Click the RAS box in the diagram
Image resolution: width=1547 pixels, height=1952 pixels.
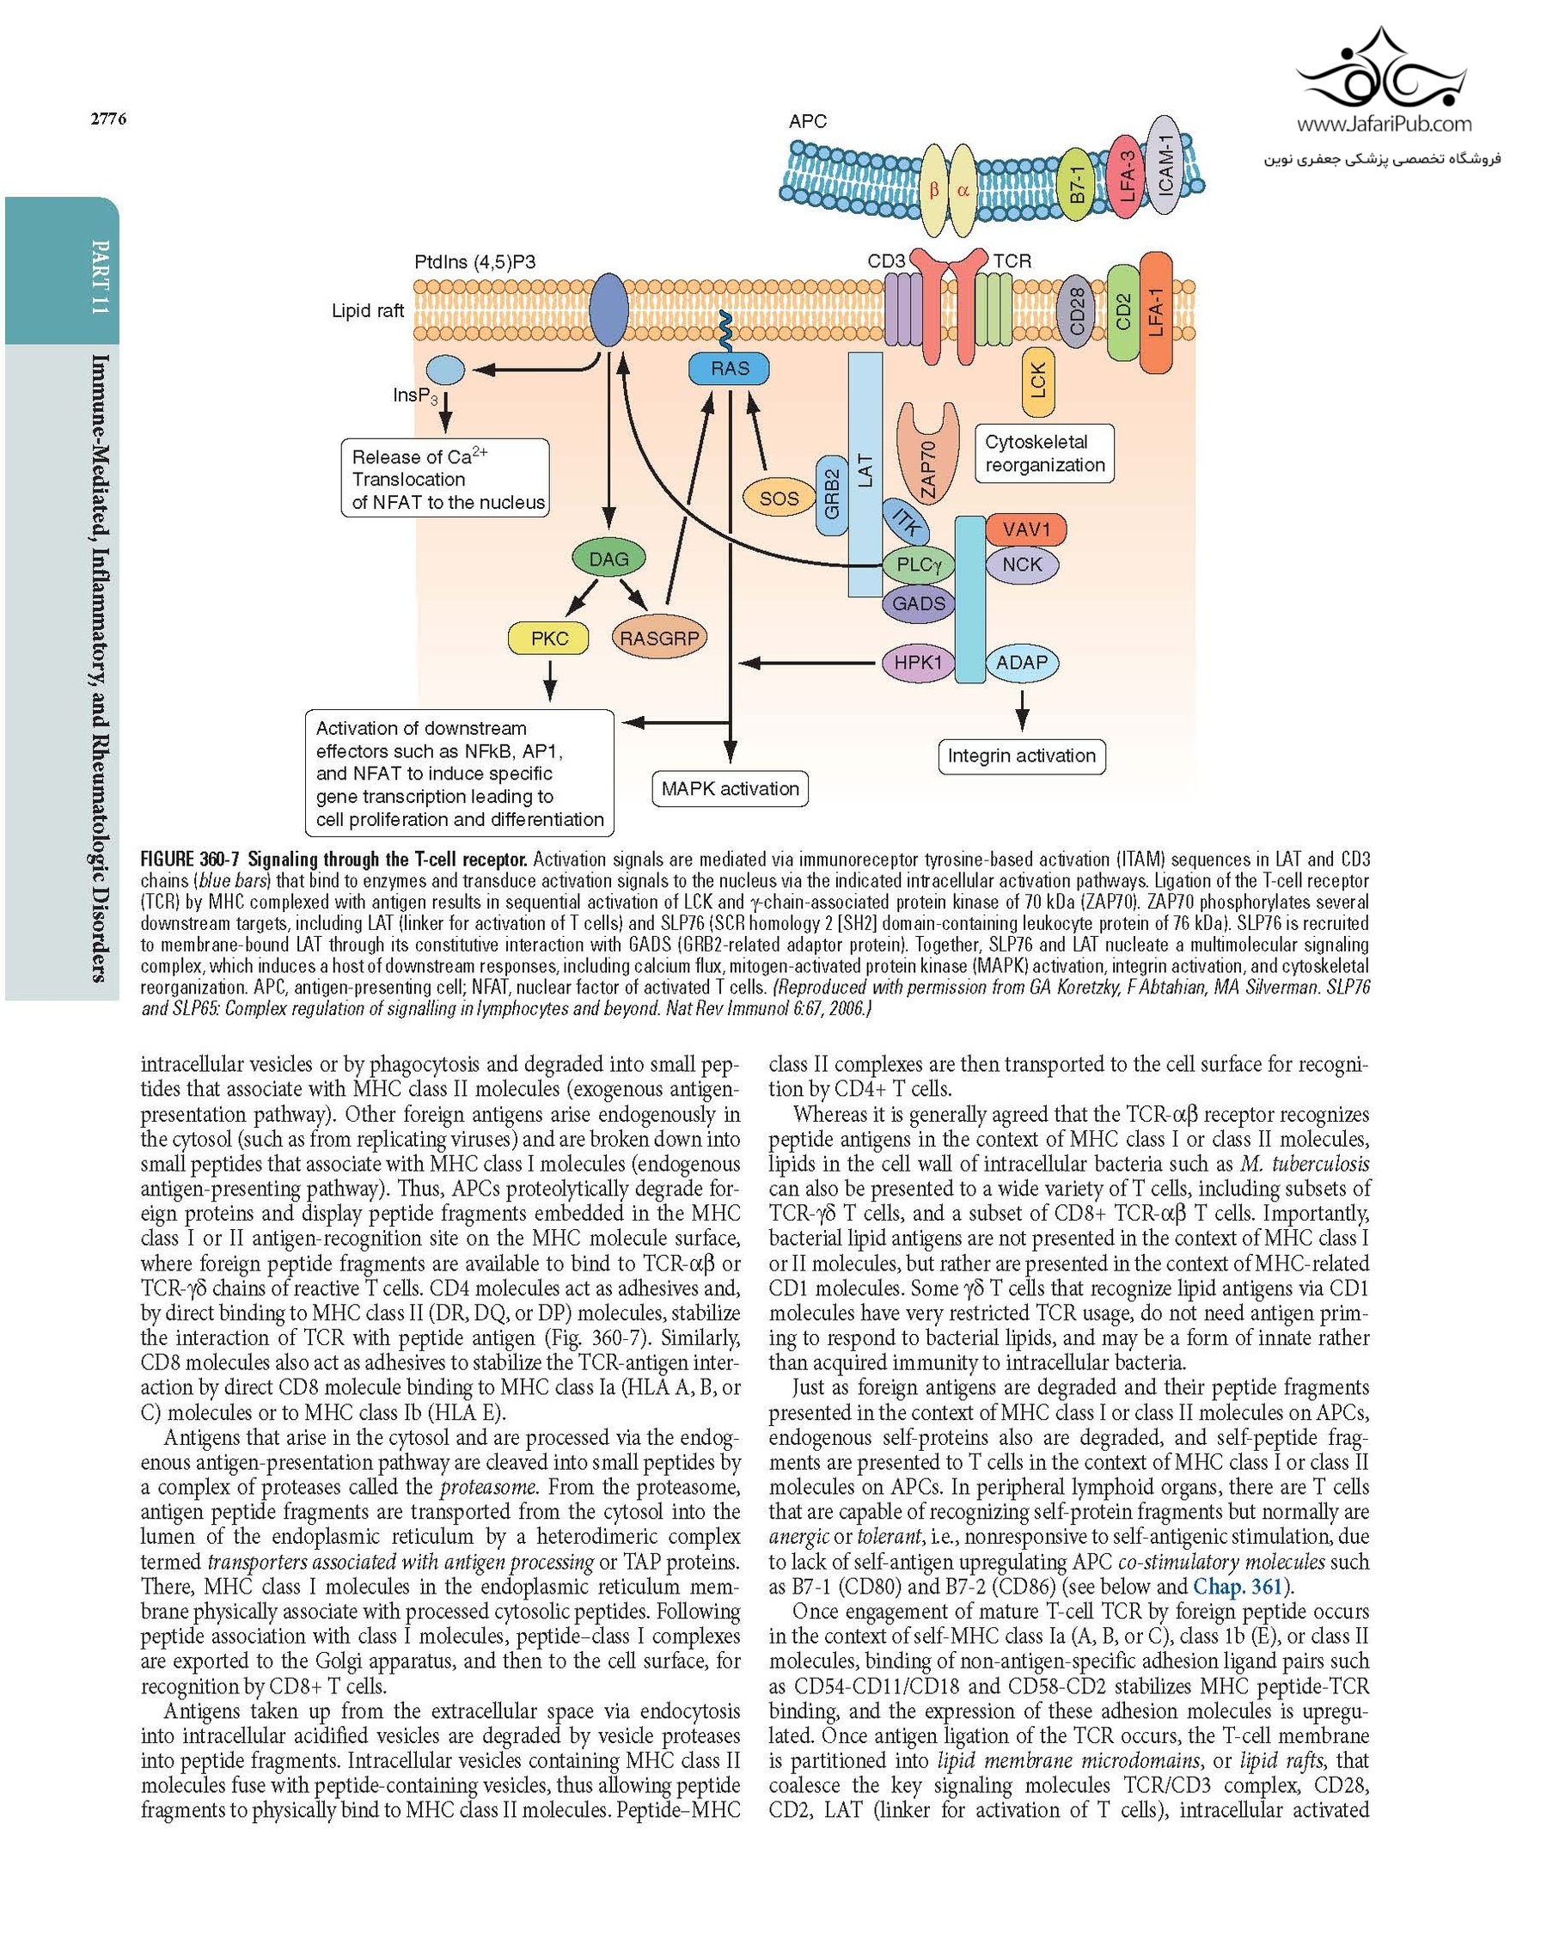click(x=729, y=369)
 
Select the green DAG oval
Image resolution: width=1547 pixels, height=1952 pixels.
click(x=608, y=559)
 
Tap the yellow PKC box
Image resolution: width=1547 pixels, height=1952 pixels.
click(x=548, y=639)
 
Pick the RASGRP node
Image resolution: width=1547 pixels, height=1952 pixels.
click(x=659, y=639)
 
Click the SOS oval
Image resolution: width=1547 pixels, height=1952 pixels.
click(x=779, y=498)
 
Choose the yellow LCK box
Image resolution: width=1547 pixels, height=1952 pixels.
click(x=1037, y=381)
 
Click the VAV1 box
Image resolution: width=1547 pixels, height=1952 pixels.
click(x=1024, y=529)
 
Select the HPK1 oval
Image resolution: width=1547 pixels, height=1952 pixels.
click(x=918, y=662)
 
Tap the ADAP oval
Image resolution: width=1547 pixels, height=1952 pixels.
click(x=1021, y=662)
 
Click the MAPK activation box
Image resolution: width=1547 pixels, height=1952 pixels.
click(x=730, y=788)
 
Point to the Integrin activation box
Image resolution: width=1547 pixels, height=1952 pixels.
click(x=1021, y=756)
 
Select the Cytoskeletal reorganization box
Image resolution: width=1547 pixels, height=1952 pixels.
click(x=1043, y=454)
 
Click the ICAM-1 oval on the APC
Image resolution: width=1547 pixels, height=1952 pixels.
click(x=1164, y=165)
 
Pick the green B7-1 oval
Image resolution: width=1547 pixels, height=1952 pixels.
click(x=1076, y=185)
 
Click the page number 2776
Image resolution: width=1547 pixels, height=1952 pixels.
click(x=107, y=119)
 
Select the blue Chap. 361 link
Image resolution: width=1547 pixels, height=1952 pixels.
click(x=1237, y=1585)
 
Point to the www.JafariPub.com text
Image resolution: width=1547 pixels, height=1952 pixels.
click(x=1383, y=124)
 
